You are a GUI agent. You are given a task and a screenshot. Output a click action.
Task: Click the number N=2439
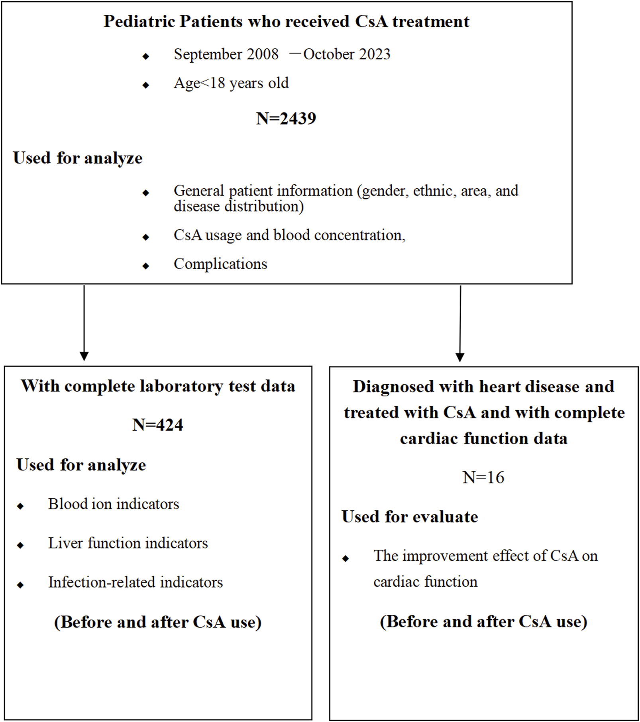click(286, 118)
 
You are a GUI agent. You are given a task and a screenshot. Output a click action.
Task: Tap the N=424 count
click(157, 425)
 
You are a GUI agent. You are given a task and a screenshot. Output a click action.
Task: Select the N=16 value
click(483, 477)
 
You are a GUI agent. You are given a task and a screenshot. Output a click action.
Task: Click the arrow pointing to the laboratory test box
click(84, 323)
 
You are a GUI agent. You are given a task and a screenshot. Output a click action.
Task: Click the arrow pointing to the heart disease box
click(460, 323)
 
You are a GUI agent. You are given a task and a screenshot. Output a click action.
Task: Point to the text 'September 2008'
click(226, 54)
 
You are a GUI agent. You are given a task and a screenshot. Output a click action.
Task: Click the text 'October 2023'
click(347, 54)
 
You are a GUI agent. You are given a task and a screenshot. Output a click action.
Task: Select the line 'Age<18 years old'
click(231, 83)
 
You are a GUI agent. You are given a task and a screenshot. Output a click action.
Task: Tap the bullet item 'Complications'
click(220, 264)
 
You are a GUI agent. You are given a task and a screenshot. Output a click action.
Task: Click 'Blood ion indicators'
click(114, 504)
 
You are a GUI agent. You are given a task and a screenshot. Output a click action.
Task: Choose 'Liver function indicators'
click(128, 543)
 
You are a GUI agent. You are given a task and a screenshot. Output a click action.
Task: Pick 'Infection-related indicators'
click(135, 582)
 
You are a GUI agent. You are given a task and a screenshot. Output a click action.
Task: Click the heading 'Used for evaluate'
click(410, 517)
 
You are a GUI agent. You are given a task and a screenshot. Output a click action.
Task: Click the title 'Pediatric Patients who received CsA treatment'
click(286, 22)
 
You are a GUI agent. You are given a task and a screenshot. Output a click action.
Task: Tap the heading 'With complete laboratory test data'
click(158, 386)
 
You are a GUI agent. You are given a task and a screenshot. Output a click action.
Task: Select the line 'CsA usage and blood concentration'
click(289, 235)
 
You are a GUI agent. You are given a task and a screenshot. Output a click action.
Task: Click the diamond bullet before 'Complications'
click(146, 266)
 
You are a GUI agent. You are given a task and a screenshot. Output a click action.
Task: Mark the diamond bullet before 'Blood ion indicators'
click(20, 506)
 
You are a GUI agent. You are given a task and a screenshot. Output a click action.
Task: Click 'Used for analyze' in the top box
click(78, 158)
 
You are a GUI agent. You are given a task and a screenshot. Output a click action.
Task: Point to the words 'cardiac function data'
click(483, 439)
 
